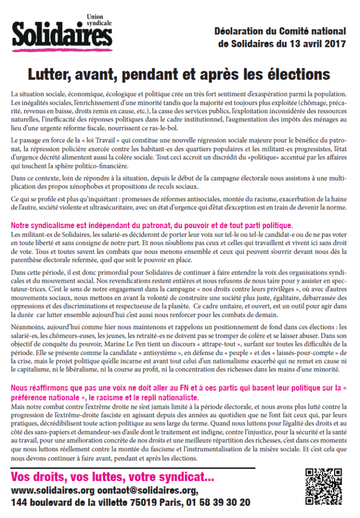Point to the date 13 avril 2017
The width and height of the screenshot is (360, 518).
tap(314, 44)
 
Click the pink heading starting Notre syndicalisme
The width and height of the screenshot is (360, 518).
tap(158, 225)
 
